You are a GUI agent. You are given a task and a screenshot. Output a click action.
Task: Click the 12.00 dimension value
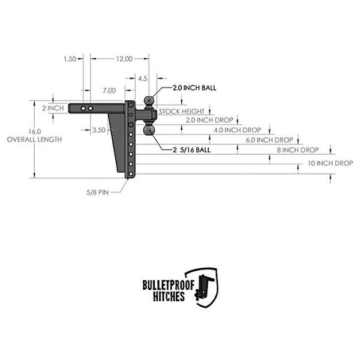click(124, 59)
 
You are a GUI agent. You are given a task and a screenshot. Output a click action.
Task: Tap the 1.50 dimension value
click(70, 59)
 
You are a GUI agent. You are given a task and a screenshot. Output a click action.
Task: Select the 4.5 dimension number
click(143, 79)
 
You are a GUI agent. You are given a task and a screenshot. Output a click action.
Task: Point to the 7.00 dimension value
click(109, 91)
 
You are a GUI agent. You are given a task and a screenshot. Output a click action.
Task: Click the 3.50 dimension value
click(99, 130)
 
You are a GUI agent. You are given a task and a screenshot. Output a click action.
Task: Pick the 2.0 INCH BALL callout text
click(194, 88)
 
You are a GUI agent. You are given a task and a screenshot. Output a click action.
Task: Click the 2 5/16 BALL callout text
click(192, 150)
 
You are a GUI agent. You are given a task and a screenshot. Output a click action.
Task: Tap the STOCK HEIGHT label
click(181, 112)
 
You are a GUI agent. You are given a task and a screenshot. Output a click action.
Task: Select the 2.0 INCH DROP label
click(209, 120)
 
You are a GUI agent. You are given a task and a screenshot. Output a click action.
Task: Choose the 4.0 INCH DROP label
click(238, 130)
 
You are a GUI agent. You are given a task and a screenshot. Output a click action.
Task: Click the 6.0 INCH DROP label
click(269, 140)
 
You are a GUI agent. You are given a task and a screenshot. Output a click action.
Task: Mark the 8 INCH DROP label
click(298, 150)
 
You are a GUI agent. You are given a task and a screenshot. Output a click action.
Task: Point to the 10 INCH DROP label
click(330, 163)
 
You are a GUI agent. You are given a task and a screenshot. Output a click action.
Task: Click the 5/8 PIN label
click(98, 193)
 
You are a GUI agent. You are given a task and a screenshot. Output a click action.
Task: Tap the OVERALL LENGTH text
click(34, 140)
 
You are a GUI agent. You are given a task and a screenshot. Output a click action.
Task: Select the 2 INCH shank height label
click(53, 108)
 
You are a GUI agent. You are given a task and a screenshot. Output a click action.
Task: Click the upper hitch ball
click(149, 101)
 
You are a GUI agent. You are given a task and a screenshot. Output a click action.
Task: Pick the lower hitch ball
click(149, 130)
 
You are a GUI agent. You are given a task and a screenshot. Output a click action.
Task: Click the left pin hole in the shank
click(83, 109)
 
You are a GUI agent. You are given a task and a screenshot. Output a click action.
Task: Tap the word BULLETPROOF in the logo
click(168, 285)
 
